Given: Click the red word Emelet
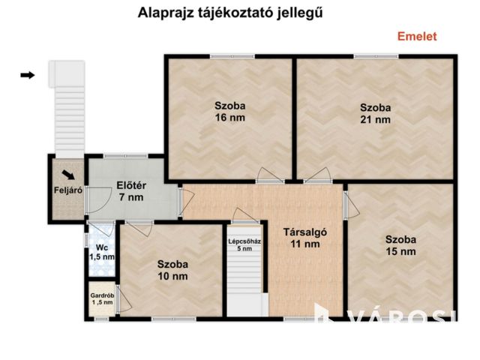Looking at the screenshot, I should click(x=416, y=36).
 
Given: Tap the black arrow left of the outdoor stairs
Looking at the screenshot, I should click(x=28, y=75).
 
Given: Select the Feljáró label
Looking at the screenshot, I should click(x=67, y=190).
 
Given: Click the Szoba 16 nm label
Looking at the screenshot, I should click(x=229, y=112).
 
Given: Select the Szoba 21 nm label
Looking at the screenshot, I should click(x=375, y=112).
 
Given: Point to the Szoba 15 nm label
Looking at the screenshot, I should click(x=400, y=245).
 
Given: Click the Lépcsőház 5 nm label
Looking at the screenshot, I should click(x=244, y=244).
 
